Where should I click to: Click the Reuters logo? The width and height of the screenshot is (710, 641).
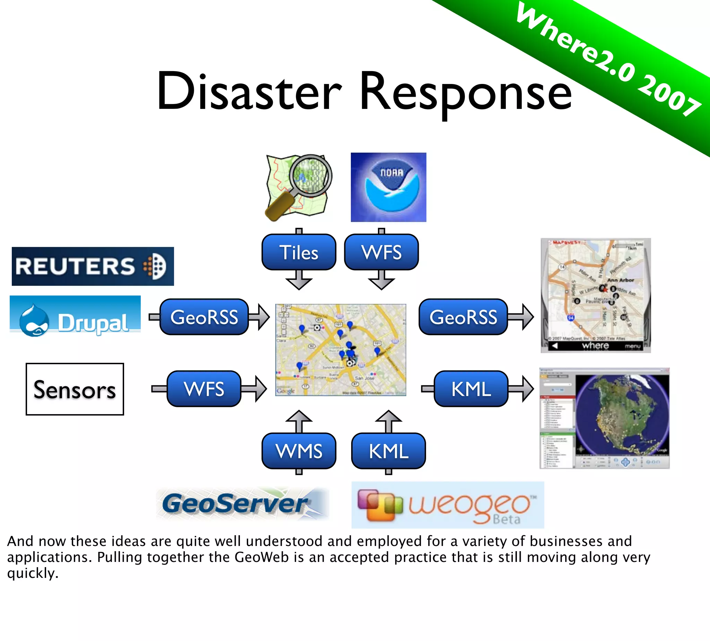(93, 266)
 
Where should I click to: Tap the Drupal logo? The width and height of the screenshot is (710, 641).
(75, 316)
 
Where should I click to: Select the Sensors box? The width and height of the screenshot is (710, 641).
(75, 389)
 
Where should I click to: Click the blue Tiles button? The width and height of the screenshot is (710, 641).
(299, 252)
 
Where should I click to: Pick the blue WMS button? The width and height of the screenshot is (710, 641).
(299, 451)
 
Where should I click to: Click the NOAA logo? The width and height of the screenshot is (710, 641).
(388, 187)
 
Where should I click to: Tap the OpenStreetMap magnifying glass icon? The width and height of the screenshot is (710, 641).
(298, 187)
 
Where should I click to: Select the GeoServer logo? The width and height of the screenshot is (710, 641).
(242, 504)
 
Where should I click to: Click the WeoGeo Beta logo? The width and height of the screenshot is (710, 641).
(448, 505)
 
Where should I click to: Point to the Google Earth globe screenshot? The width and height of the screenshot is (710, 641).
(604, 418)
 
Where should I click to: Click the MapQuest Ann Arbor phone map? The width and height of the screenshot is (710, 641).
(596, 295)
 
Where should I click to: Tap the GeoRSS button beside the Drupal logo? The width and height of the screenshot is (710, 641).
(204, 317)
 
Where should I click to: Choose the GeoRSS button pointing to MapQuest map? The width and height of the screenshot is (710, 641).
(463, 317)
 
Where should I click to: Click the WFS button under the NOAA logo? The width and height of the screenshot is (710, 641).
(381, 252)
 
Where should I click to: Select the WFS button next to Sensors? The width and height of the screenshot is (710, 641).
(204, 389)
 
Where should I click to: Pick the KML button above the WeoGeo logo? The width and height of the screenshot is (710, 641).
(388, 451)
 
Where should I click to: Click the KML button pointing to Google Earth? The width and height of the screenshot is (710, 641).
(471, 389)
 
